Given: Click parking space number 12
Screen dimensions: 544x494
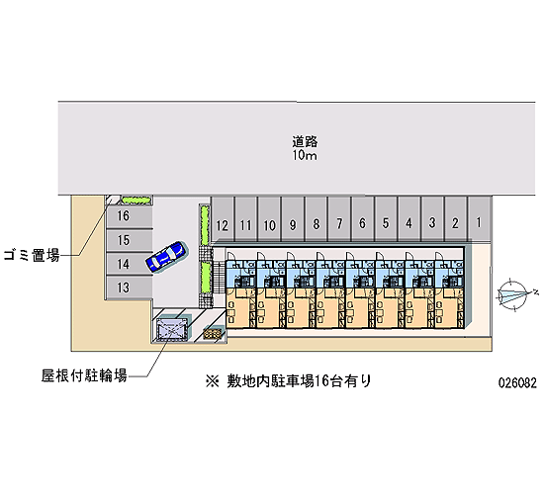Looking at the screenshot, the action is tap(223, 219).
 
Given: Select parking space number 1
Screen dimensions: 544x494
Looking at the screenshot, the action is tap(479, 218).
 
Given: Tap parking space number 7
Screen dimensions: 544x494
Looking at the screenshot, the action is tap(339, 219).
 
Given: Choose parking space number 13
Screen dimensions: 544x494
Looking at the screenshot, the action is tap(129, 288).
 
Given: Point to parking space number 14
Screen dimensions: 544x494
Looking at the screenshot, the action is tap(129, 264).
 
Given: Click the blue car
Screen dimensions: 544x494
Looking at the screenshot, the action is tap(167, 257).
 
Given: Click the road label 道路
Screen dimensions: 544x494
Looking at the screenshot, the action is tap(305, 141).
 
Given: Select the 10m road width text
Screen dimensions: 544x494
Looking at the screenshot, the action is tap(305, 156).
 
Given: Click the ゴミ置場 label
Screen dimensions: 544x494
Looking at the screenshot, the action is tap(32, 255).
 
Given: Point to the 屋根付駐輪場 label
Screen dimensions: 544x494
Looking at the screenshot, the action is tap(84, 375).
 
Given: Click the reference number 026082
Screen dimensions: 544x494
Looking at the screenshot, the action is tap(517, 382).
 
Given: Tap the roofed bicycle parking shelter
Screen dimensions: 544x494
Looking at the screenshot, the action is tap(172, 329).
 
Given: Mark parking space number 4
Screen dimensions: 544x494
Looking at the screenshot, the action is tap(409, 219).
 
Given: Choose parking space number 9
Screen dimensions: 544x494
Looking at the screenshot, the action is tap(293, 219).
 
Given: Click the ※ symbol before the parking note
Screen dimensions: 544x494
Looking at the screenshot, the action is tap(212, 381).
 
